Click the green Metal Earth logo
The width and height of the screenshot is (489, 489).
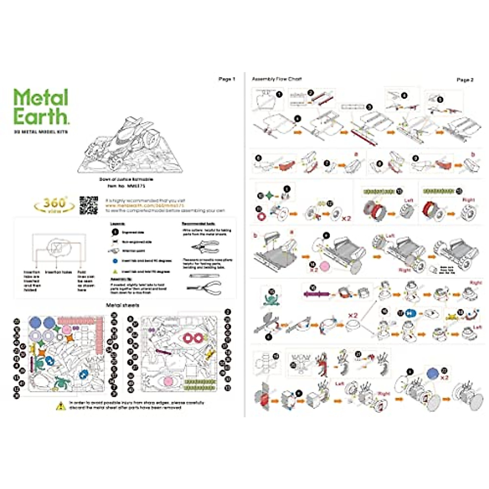click(41, 107)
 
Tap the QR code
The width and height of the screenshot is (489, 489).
click(88, 205)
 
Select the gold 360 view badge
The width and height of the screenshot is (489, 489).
click(54, 205)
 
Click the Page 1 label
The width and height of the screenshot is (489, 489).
click(227, 79)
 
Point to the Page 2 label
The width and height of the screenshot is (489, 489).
click(465, 80)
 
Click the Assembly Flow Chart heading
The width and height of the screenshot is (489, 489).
click(277, 79)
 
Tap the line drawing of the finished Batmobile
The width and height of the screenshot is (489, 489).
click(129, 145)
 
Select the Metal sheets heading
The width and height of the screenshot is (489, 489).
click(122, 305)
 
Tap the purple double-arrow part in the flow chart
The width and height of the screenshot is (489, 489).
click(316, 293)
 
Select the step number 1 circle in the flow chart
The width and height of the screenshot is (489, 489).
click(279, 94)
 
